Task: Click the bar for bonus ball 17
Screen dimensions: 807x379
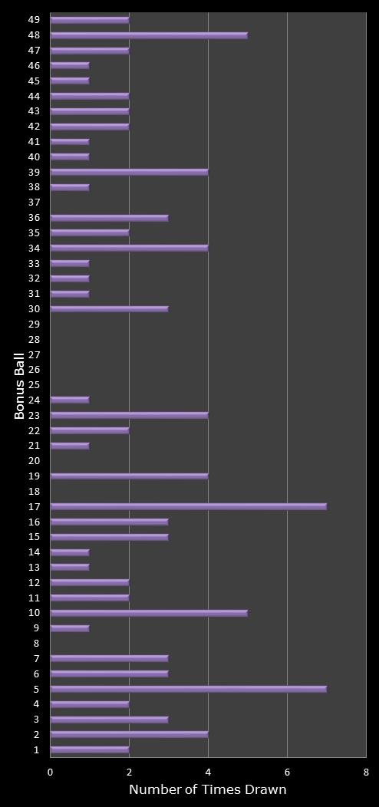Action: tap(188, 506)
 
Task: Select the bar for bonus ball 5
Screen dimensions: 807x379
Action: tap(188, 689)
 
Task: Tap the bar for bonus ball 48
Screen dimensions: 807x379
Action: tap(149, 35)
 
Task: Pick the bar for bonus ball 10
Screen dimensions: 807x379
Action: tap(149, 613)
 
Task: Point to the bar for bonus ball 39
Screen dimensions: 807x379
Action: tap(129, 172)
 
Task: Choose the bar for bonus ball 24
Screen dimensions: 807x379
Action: tap(70, 400)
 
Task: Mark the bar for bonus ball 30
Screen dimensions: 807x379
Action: tap(109, 308)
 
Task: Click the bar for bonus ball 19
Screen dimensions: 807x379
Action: tap(129, 476)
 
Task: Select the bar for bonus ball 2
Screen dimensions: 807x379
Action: tap(129, 734)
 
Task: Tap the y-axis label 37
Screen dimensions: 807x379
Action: tap(34, 203)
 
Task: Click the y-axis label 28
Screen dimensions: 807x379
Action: tap(34, 339)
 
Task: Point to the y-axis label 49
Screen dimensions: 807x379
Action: tap(34, 20)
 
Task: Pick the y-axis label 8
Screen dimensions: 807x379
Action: tap(36, 644)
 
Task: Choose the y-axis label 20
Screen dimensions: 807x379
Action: tap(34, 461)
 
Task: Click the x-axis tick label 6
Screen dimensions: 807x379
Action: tap(287, 772)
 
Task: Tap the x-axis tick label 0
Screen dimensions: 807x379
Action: tap(51, 772)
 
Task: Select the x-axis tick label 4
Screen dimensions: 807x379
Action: tap(208, 772)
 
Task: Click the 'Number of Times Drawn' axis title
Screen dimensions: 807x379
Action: tap(207, 790)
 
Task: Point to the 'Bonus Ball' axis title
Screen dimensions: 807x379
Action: tap(19, 385)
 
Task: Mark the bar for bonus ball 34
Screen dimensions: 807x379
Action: tap(129, 248)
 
